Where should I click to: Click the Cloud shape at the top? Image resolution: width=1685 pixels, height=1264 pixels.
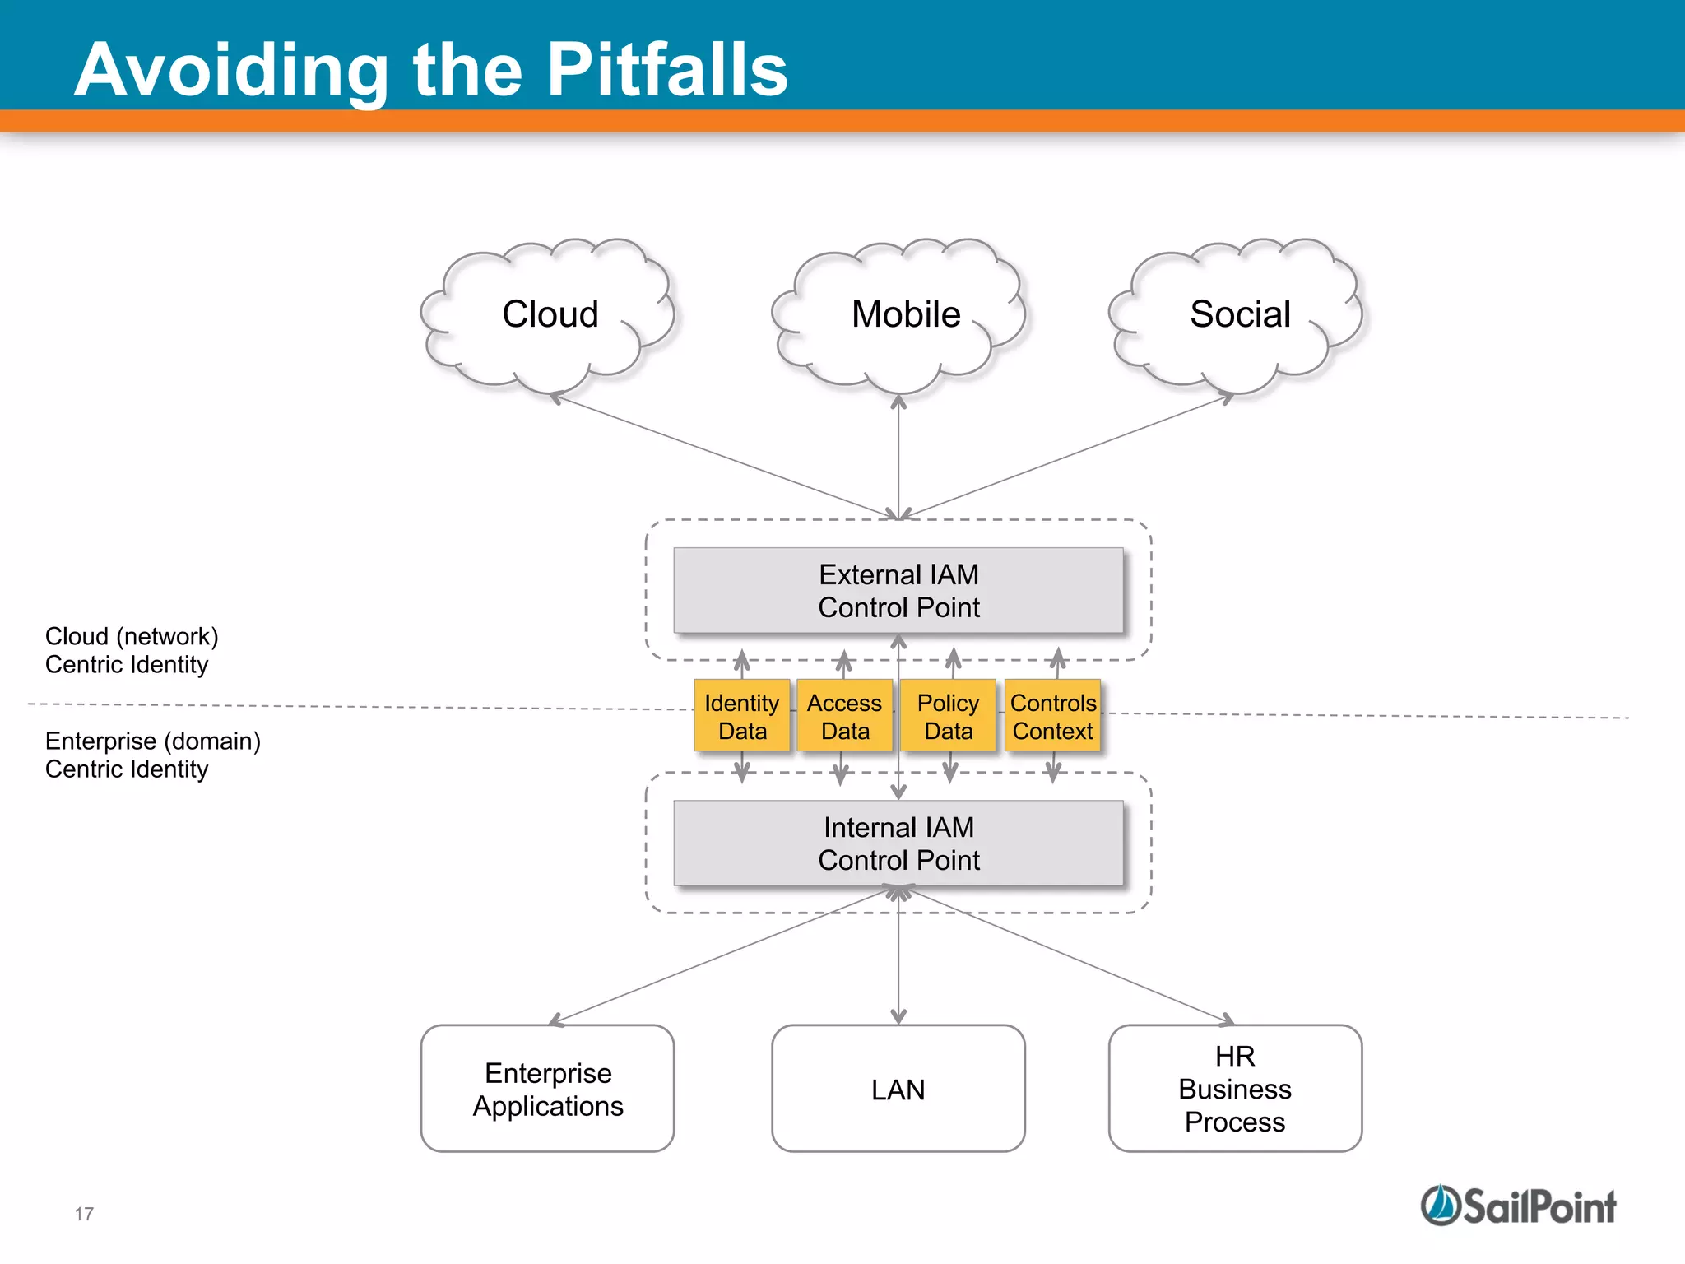click(549, 314)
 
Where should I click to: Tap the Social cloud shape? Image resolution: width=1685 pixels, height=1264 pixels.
click(1239, 314)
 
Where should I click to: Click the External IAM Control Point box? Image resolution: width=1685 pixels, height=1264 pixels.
click(898, 591)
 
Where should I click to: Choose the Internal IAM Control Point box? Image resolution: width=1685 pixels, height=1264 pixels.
click(898, 843)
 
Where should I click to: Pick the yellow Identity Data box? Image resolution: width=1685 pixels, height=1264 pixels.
click(742, 716)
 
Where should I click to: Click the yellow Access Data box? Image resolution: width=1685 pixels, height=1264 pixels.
click(845, 716)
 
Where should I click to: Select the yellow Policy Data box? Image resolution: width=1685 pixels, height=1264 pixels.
click(948, 716)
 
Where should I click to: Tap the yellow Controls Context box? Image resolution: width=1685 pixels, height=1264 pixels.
click(1052, 716)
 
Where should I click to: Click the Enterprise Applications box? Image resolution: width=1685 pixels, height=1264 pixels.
click(547, 1089)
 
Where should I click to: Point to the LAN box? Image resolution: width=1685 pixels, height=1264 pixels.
click(898, 1089)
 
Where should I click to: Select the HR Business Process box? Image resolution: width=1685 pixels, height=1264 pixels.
click(1235, 1089)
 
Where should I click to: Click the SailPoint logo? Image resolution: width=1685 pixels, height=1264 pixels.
click(1519, 1206)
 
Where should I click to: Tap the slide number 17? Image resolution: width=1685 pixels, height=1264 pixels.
click(84, 1214)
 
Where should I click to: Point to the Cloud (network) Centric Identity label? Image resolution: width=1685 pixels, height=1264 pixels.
click(132, 650)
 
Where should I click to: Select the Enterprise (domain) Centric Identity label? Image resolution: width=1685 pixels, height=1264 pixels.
click(152, 755)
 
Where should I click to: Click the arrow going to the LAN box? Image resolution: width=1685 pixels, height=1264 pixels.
click(898, 963)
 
